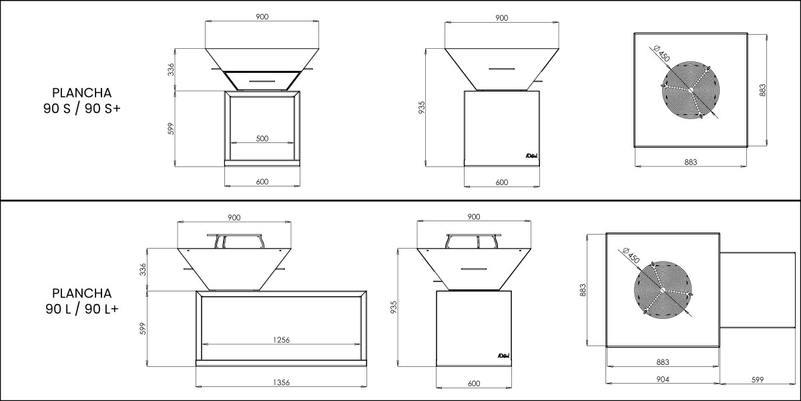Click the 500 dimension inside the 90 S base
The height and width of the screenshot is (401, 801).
262,138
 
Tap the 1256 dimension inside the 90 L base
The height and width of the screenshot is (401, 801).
281,340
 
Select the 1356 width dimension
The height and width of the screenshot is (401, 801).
281,382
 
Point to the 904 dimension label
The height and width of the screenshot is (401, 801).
663,379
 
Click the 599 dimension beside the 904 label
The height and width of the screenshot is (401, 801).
758,380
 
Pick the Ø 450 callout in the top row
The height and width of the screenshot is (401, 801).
661,53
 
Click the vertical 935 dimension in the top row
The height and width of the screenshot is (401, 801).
422,108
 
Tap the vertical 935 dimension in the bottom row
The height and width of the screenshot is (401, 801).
393,307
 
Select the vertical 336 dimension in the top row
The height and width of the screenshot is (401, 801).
171,70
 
